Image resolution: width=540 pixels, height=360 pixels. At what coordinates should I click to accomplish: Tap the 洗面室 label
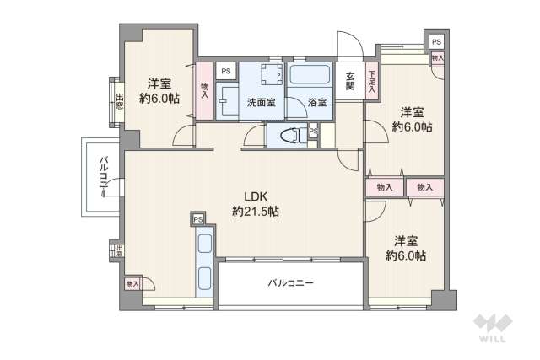261,103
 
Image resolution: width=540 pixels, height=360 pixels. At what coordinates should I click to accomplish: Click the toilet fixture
289,133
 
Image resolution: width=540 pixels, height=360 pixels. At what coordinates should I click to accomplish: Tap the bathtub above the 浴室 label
311,75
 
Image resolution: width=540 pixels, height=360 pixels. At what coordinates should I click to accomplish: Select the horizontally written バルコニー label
291,283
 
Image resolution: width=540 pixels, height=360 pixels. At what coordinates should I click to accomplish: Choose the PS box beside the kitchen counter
198,219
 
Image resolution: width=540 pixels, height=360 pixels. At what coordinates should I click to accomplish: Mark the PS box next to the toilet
313,132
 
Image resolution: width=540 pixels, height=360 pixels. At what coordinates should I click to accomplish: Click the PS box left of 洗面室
226,72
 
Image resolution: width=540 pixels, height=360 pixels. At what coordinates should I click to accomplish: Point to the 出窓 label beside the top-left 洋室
120,101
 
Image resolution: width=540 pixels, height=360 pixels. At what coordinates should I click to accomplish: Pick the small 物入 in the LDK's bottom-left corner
133,285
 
